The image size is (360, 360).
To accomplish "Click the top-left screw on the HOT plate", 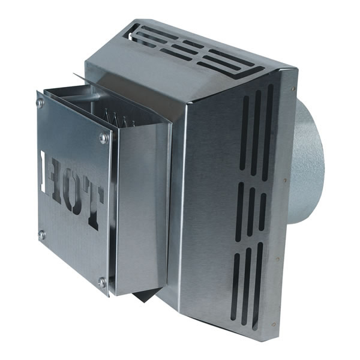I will [x=40, y=103].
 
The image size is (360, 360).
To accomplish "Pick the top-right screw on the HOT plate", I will [x=104, y=138].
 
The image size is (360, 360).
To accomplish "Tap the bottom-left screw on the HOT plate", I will [x=42, y=234].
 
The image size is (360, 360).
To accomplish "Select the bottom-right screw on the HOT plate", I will [x=103, y=281].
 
